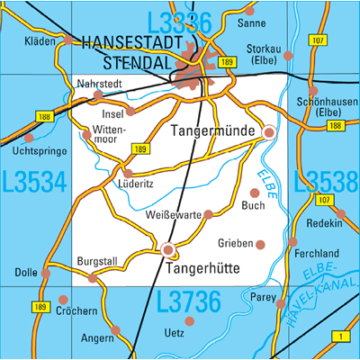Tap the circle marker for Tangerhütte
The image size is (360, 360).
click(167, 249)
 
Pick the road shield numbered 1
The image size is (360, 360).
click(341, 336)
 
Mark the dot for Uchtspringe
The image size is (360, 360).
click(29, 139)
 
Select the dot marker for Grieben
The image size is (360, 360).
click(261, 244)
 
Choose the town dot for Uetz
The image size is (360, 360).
click(189, 320)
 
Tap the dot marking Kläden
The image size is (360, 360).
click(68, 40)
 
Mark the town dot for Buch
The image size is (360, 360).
click(255, 193)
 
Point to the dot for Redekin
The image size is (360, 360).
click(341, 213)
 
